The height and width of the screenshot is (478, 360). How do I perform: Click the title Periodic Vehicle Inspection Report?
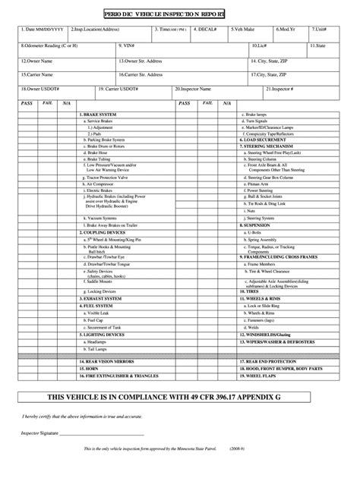180,14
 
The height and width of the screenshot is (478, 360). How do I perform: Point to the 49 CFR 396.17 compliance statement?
180,398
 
